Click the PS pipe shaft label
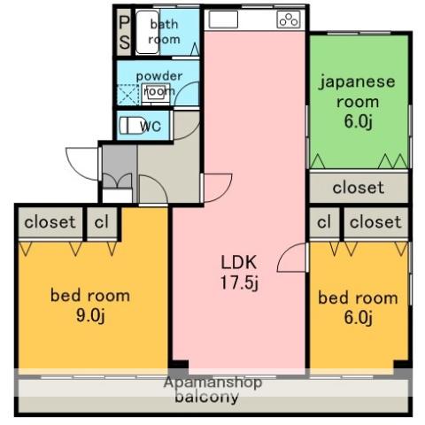124,33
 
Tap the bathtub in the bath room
148,32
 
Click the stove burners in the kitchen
289,19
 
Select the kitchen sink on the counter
223,19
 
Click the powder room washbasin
156,93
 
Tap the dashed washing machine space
128,95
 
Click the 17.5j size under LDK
239,283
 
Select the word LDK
239,262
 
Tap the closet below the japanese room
359,187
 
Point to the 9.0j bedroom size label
90,316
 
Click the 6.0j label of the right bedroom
358,318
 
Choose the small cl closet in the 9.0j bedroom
102,222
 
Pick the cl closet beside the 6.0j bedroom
324,222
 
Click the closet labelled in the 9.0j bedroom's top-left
50,222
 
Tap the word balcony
206,397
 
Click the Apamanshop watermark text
213,382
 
